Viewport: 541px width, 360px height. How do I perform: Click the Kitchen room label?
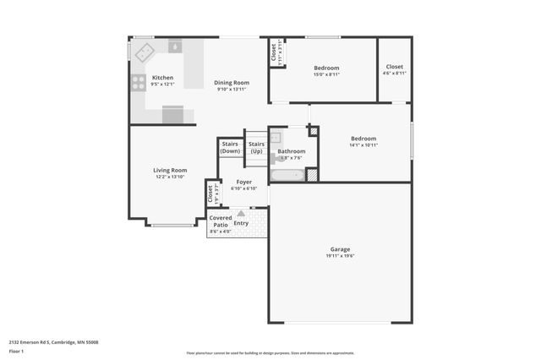[162, 78]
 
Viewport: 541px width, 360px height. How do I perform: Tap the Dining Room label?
[231, 83]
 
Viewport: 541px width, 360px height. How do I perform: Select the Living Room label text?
[169, 171]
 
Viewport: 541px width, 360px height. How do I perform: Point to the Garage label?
[340, 249]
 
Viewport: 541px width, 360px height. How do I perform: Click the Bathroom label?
[291, 151]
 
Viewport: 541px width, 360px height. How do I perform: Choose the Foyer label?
[243, 182]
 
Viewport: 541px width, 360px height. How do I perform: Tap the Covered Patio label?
[221, 221]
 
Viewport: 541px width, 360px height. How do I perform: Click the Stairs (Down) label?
[230, 147]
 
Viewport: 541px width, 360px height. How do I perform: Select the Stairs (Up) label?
[256, 147]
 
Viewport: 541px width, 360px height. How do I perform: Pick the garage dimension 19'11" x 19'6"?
[340, 256]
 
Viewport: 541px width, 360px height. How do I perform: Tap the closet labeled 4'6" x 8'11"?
[394, 74]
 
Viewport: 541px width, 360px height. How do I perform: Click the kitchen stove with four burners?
[138, 83]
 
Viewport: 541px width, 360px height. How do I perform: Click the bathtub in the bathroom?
[287, 176]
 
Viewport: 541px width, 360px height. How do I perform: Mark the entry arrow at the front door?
[240, 214]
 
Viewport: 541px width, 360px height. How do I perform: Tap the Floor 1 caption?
[16, 350]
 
